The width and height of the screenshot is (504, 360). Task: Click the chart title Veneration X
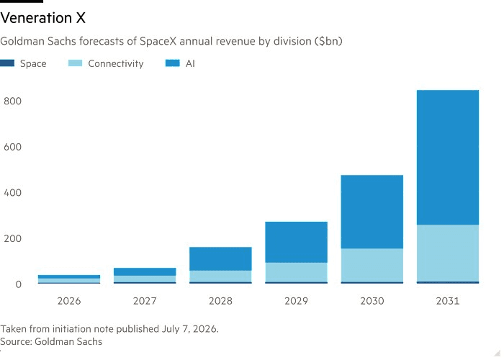tap(43, 18)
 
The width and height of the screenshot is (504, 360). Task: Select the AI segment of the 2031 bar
tap(448, 157)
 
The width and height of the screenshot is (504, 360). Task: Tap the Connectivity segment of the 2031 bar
tap(448, 253)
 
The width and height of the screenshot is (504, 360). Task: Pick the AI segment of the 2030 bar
tap(372, 212)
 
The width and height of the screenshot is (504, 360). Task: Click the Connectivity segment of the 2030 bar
tap(372, 265)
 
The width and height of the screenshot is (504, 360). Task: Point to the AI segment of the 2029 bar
tap(297, 242)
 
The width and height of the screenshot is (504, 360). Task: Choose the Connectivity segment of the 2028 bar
tap(220, 276)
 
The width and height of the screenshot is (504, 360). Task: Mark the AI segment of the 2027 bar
tap(145, 271)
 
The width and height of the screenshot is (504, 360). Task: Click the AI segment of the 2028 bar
tap(220, 258)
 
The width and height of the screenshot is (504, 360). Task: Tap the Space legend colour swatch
tap(7, 63)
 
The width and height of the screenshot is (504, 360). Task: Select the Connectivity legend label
tap(116, 63)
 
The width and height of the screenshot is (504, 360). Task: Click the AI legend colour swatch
tap(172, 63)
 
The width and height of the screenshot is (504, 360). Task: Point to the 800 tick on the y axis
tap(12, 101)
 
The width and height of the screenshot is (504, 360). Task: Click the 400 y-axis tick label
tap(12, 192)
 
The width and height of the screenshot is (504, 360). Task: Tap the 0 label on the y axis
tap(18, 284)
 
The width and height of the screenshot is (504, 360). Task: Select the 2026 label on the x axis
tap(69, 301)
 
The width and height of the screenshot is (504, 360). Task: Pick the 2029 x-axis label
tap(297, 301)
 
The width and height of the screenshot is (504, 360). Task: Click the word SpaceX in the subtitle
tap(158, 41)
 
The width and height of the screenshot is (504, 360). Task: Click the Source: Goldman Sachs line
tap(51, 341)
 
